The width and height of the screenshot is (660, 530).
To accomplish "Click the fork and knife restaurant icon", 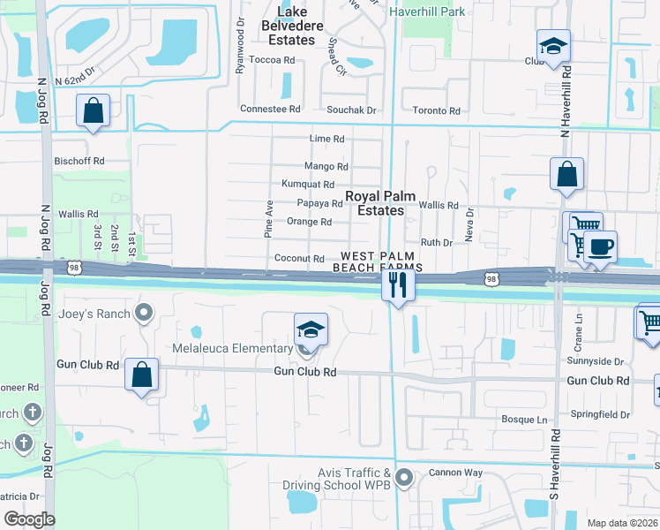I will (397, 285).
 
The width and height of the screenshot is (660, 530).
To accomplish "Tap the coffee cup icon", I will (601, 246).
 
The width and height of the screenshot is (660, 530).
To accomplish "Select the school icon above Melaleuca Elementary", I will (311, 329).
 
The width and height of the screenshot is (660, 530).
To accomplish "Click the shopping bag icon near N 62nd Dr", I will (93, 111).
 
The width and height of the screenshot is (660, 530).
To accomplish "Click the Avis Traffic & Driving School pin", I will (404, 479).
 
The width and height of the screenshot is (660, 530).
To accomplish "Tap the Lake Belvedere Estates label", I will (291, 26).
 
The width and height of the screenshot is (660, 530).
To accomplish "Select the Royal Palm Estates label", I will (379, 203).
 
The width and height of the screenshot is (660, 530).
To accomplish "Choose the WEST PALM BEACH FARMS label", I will (378, 261).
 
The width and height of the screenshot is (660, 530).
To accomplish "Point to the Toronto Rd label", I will (437, 111).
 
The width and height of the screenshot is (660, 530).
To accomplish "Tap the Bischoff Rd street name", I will (79, 162).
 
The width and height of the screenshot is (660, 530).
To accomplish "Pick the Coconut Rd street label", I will (300, 259).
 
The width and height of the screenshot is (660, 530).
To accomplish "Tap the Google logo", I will (29, 519).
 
